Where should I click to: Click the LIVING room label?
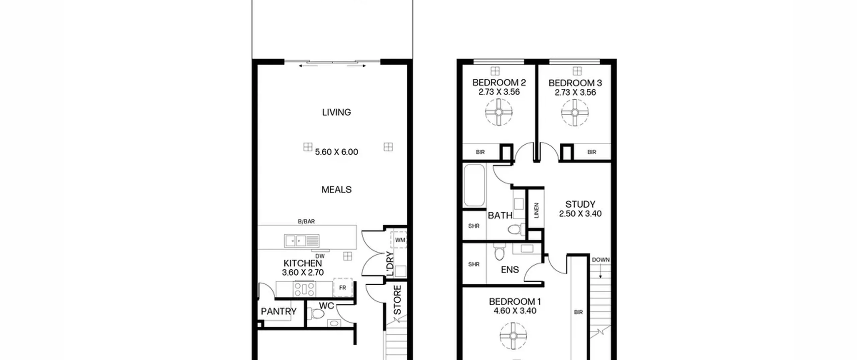click(336, 112)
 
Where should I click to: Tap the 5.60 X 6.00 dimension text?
click(336, 152)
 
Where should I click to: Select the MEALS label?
click(336, 190)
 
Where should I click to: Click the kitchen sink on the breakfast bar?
click(302, 241)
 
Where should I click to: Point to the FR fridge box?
click(343, 287)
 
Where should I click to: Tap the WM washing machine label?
click(400, 240)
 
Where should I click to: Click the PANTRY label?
click(279, 311)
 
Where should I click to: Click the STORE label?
click(397, 300)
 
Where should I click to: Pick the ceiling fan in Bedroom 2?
click(499, 112)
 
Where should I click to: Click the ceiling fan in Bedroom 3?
click(575, 113)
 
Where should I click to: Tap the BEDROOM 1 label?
click(515, 302)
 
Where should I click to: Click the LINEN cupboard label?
click(536, 210)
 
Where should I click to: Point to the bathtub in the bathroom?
click(474, 185)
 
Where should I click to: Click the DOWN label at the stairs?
click(601, 260)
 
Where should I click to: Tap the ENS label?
click(510, 270)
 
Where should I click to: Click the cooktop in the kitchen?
click(304, 289)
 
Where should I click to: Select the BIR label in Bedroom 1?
click(578, 312)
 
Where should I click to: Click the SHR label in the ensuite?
click(474, 264)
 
